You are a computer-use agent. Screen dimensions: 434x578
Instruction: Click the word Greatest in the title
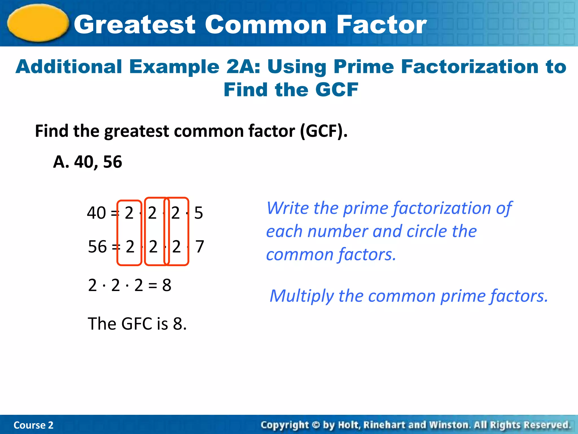135,25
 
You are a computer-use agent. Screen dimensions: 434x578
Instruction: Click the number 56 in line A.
113,162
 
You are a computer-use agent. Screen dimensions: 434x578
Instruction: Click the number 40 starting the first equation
96,213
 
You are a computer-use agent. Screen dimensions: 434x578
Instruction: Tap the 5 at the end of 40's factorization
198,213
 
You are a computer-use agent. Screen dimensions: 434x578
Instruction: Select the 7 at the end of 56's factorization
200,247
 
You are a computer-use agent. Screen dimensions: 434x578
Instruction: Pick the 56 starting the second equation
97,247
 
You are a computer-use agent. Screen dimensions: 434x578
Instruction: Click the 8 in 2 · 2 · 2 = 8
167,285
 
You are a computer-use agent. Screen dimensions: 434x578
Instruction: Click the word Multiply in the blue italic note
301,296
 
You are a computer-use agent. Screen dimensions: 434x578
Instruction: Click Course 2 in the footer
33,425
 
